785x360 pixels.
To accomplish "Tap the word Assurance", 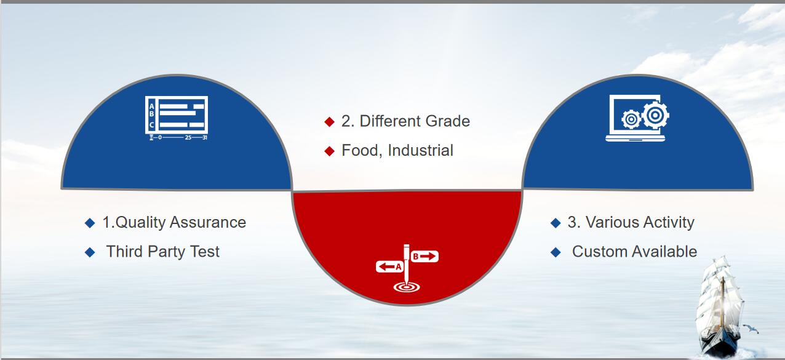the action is tap(208, 222).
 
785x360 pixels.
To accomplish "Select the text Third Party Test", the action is tap(162, 252).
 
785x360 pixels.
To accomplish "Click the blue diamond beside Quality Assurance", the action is tap(90, 223).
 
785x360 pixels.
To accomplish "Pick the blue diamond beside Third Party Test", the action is tap(90, 252).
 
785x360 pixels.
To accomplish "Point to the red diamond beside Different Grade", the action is tap(329, 122).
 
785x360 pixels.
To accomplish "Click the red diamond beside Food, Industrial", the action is tap(329, 151).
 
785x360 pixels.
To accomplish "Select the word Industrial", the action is tap(421, 150).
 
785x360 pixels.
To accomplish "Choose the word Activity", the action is tap(669, 223).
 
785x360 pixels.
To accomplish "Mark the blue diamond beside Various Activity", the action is tap(556, 223).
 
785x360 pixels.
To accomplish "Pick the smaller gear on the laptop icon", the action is tap(631, 119).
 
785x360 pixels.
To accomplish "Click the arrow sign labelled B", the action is tap(424, 257).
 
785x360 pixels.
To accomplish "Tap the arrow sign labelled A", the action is tap(389, 266).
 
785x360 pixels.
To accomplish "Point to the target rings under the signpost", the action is tap(407, 287).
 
